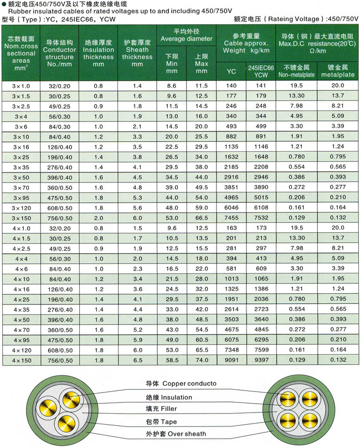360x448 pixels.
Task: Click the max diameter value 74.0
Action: (x=202, y=360)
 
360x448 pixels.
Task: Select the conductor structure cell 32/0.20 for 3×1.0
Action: (x=60, y=86)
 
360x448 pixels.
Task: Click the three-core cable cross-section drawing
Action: (x=69, y=409)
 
